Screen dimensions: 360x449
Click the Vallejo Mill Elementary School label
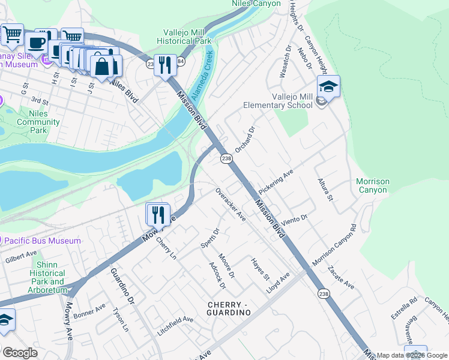(278, 101)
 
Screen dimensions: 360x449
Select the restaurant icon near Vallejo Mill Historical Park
(165, 64)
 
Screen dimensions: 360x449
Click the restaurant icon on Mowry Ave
(158, 214)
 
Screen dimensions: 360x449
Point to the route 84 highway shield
(181, 62)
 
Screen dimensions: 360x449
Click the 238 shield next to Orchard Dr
(226, 158)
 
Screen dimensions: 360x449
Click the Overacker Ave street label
(231, 204)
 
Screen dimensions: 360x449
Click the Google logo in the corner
(20, 352)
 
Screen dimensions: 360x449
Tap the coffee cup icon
(37, 43)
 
